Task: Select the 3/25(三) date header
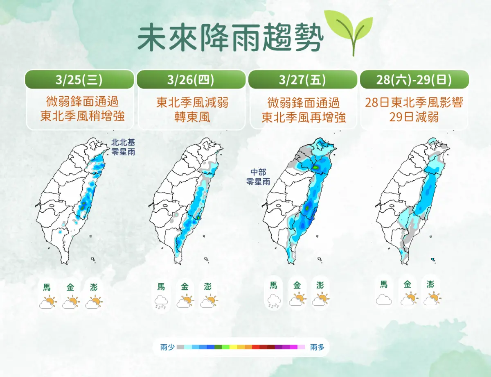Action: click(80, 79)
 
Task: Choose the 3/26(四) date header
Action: click(192, 79)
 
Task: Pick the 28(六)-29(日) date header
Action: click(414, 79)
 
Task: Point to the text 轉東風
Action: click(192, 117)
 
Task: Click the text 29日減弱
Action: click(414, 117)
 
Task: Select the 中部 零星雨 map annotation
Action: click(257, 177)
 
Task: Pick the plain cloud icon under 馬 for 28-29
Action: click(384, 299)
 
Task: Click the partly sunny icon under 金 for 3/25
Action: click(71, 302)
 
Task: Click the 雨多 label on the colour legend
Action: click(317, 347)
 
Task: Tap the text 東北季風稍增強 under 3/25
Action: click(82, 117)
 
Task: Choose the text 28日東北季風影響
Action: click(414, 102)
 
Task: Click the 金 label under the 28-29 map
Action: click(408, 284)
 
